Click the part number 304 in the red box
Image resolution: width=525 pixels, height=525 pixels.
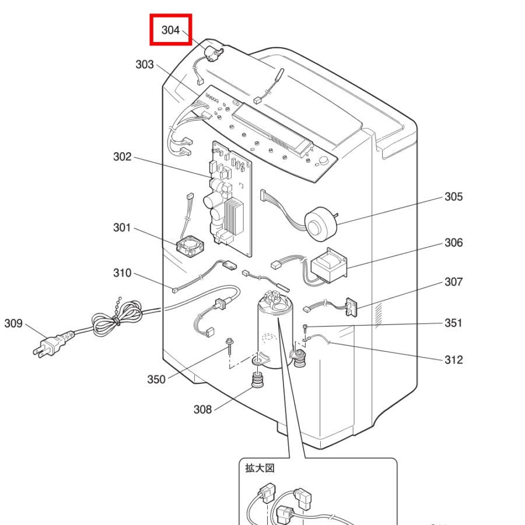point(170,30)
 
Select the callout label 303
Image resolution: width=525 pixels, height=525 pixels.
point(145,64)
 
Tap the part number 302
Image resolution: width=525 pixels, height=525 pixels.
point(122,157)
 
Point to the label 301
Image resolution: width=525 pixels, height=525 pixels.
point(122,228)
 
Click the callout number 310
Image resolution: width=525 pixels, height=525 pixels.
point(122,273)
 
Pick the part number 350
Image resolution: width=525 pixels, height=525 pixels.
point(156,379)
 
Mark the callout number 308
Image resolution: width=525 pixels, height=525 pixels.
point(202,409)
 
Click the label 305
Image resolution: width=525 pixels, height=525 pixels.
point(453,197)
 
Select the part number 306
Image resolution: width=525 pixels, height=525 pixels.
point(453,243)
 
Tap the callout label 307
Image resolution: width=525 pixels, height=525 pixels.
point(453,282)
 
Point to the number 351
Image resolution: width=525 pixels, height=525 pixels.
point(453,323)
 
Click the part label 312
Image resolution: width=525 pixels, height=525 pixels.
point(453,359)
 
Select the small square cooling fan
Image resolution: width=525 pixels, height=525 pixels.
point(190,247)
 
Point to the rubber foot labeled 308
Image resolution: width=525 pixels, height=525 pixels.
point(256,382)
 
